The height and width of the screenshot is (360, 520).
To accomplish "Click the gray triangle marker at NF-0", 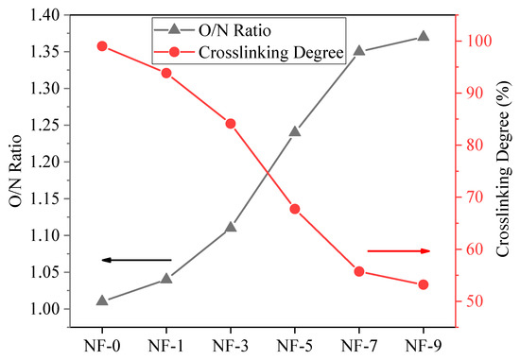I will pos(102,300).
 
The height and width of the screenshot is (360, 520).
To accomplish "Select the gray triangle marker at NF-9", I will pos(423,36).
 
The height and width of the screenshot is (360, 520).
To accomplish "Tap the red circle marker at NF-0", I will pos(102,46).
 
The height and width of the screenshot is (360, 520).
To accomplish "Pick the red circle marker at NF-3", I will pos(231,123).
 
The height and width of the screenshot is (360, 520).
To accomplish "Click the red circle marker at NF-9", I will pos(423,284).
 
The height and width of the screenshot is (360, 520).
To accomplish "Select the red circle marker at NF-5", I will pos(295,209).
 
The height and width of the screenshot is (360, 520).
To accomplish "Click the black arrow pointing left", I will pos(136,260).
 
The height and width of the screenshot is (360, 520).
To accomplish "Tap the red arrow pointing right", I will pos(398,250).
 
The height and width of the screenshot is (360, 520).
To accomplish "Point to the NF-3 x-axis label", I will pos(231,345).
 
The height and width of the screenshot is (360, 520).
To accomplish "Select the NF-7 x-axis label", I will pos(359,345).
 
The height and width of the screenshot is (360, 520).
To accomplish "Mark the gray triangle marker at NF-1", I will pos(166,279).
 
